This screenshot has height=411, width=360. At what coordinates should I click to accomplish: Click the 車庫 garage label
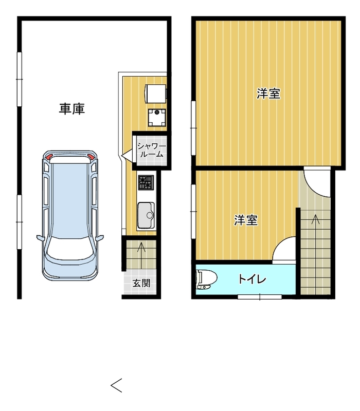[x=71, y=109]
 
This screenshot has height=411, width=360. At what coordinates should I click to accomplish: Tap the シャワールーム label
[x=152, y=150]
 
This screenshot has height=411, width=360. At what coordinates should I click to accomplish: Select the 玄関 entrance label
[x=141, y=283]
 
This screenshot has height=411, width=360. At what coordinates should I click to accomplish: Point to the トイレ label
[x=252, y=279]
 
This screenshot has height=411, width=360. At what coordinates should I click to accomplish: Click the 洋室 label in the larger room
[x=268, y=94]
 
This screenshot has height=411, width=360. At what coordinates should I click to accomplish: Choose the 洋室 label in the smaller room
[x=246, y=220]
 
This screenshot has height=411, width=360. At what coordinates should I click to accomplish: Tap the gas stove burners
[x=146, y=182]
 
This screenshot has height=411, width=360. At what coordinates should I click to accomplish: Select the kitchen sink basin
[x=146, y=215]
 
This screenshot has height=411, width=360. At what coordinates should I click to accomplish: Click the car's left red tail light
[x=49, y=157]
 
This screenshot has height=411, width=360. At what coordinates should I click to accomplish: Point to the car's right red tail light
[x=91, y=157]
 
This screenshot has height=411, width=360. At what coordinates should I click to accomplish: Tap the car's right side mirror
[x=100, y=238]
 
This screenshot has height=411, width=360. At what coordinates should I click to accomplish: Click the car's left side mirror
[x=40, y=238]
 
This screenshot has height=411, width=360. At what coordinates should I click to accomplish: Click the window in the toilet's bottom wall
[x=260, y=297]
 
